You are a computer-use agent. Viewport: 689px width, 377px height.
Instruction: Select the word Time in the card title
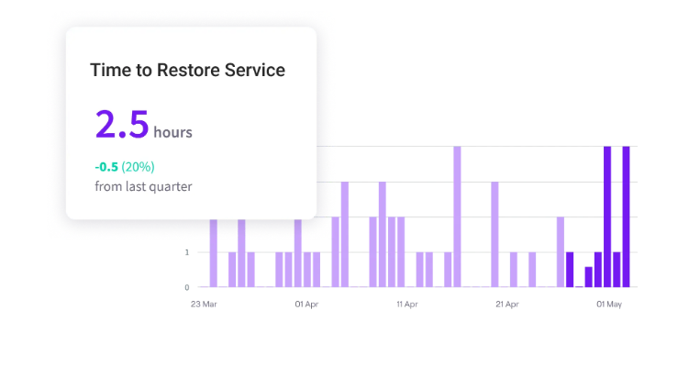pyautogui.click(x=108, y=70)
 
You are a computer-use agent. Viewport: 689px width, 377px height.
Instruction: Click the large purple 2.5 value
pyautogui.click(x=121, y=124)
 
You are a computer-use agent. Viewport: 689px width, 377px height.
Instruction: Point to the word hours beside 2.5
pyautogui.click(x=172, y=132)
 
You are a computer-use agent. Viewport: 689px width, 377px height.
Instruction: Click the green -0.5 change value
pyautogui.click(x=106, y=167)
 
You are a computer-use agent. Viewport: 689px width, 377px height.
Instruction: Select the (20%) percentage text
pyautogui.click(x=138, y=167)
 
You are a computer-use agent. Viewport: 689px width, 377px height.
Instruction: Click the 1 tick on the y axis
pyautogui.click(x=187, y=252)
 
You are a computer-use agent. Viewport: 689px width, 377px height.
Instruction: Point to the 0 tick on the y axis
pyautogui.click(x=187, y=287)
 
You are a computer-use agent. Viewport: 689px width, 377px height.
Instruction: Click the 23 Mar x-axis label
pyautogui.click(x=204, y=304)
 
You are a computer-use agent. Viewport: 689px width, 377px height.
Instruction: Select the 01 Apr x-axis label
pyautogui.click(x=306, y=304)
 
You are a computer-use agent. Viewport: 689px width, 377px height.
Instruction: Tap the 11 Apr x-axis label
pyautogui.click(x=407, y=304)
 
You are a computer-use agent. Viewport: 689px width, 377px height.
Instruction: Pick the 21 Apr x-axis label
pyautogui.click(x=507, y=304)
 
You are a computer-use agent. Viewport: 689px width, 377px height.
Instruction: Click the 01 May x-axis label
pyautogui.click(x=609, y=304)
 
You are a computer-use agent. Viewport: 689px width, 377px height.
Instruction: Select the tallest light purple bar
pyautogui.click(x=457, y=216)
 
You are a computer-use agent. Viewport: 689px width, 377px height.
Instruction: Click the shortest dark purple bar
pyautogui.click(x=579, y=286)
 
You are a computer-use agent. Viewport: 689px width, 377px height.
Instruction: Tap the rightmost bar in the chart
pyautogui.click(x=627, y=216)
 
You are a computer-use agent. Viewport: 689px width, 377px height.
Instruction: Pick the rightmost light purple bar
pyautogui.click(x=561, y=252)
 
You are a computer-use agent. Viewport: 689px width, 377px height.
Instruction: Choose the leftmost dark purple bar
pyautogui.click(x=570, y=270)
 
